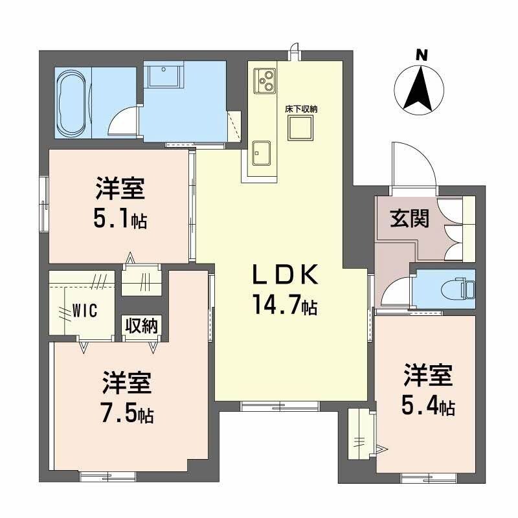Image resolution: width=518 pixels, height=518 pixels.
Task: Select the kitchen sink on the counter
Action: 262,153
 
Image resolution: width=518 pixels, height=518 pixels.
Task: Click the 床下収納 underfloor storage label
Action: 302,109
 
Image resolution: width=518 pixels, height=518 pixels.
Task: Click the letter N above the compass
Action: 422,56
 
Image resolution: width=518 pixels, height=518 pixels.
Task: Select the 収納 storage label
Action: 142,326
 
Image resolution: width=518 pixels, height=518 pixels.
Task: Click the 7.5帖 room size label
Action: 126,413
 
